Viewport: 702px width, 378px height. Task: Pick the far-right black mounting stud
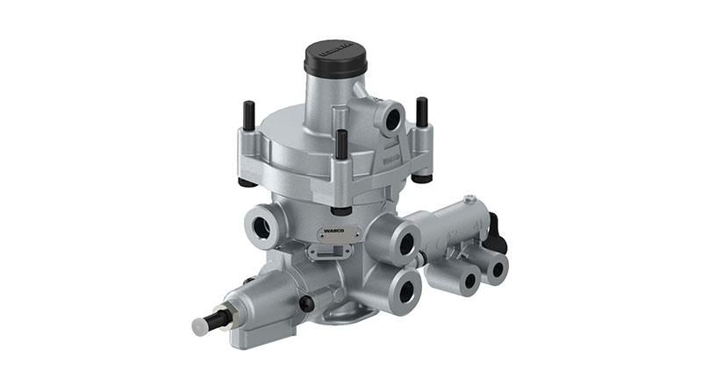tap(422, 111)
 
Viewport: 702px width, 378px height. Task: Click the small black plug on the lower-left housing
tap(306, 303)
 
